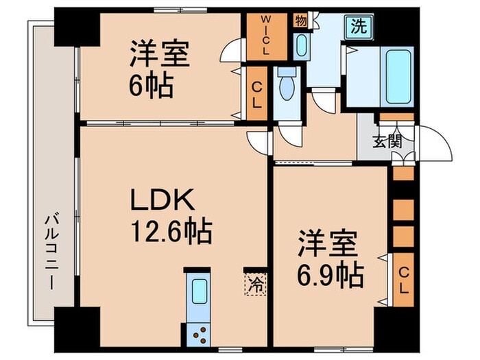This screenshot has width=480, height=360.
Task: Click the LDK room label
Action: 165,200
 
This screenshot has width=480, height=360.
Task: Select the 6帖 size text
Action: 150,88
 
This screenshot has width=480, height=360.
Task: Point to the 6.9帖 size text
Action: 331,274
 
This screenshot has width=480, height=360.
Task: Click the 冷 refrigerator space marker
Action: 252,281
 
